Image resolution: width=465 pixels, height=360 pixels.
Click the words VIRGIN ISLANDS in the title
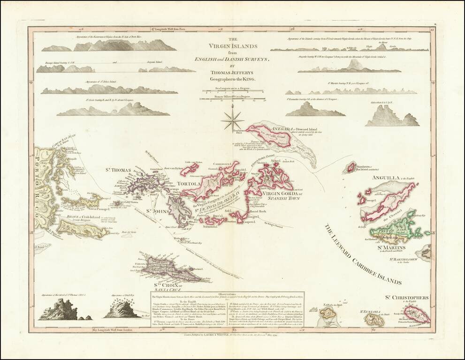[234, 46]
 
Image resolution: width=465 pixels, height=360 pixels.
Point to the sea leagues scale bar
[233, 90]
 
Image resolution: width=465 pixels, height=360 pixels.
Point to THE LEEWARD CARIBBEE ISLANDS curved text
[361, 256]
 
